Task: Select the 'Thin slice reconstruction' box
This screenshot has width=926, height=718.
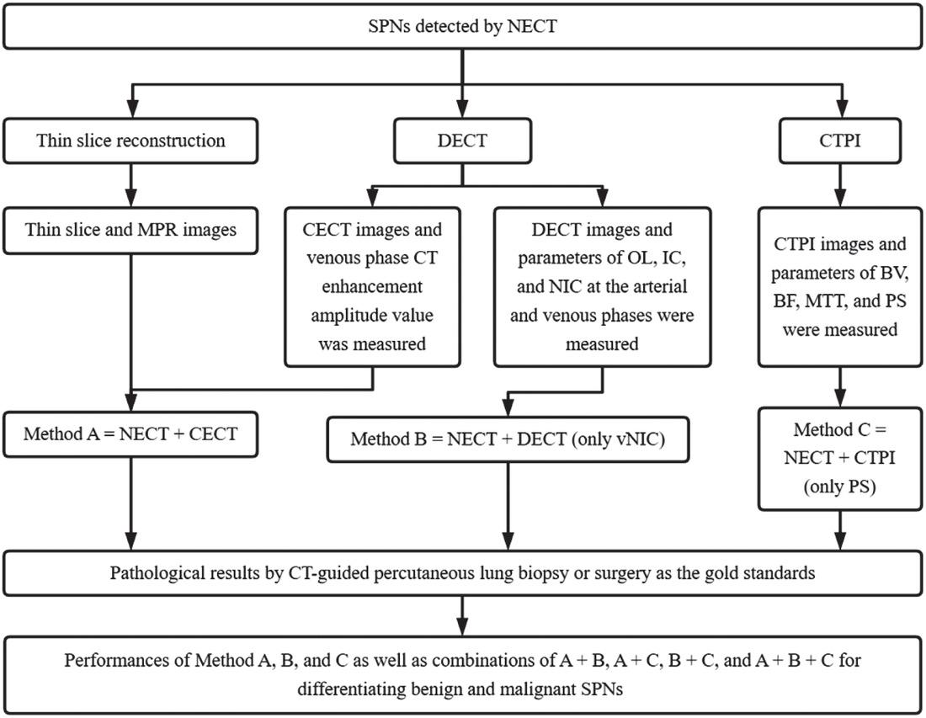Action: tap(131, 141)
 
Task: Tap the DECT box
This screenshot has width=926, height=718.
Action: tap(462, 141)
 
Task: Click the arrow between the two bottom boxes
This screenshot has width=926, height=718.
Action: tap(462, 615)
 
